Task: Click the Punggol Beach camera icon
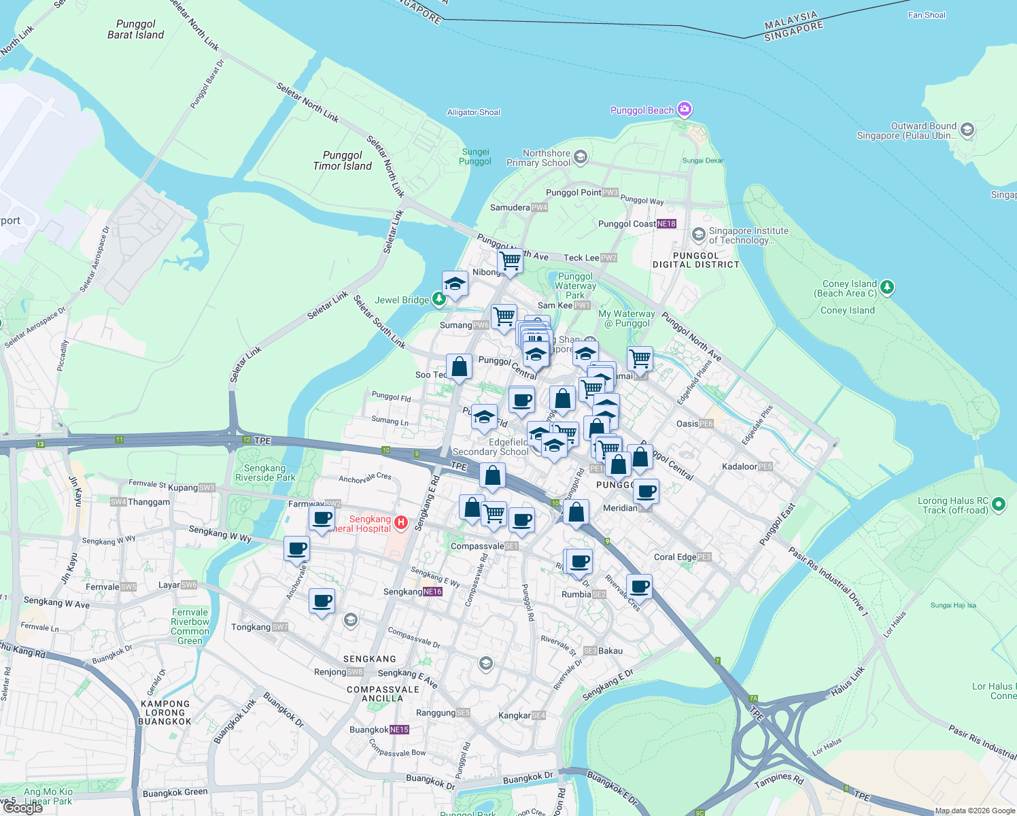(x=685, y=109)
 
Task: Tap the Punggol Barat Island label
(x=136, y=29)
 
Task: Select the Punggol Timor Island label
(x=343, y=160)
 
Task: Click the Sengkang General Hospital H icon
(x=401, y=522)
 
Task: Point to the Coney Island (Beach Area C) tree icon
(x=886, y=288)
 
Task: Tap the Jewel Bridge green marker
(x=439, y=299)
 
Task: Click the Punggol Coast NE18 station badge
(x=666, y=224)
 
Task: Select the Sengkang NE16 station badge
(x=432, y=592)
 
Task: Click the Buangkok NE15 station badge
(x=399, y=730)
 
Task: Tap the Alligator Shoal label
(x=473, y=112)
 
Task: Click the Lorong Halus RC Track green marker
(x=998, y=505)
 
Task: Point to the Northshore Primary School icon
(x=580, y=158)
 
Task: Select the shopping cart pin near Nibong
(x=510, y=260)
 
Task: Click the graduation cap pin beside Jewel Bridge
(x=455, y=284)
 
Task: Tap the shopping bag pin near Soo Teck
(x=460, y=367)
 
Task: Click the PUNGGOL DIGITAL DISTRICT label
(x=695, y=260)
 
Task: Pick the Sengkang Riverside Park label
(x=265, y=473)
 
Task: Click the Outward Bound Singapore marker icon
(x=967, y=129)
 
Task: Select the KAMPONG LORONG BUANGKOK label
(x=165, y=713)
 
